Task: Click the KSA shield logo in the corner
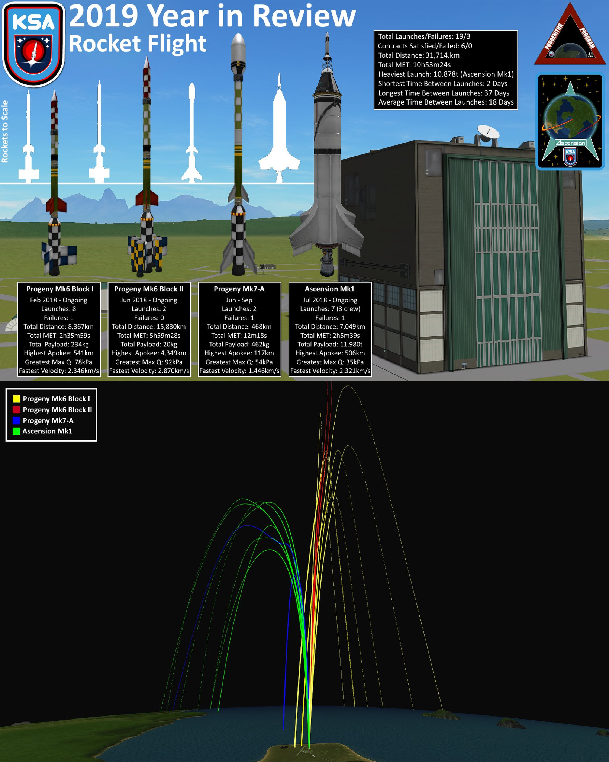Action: point(34,44)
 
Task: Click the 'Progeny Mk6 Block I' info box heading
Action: point(60,289)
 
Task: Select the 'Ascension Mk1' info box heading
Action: point(329,289)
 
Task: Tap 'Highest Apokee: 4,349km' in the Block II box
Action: point(149,353)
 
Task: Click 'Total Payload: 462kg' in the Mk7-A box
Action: point(239,344)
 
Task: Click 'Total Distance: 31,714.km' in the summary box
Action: point(419,55)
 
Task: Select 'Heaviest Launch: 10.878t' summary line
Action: point(445,74)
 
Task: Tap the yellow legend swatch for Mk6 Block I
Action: point(16,399)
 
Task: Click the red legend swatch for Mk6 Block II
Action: point(16,410)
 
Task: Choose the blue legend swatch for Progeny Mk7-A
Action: point(16,420)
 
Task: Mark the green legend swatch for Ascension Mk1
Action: point(16,431)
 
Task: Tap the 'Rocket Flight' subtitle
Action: point(138,44)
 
